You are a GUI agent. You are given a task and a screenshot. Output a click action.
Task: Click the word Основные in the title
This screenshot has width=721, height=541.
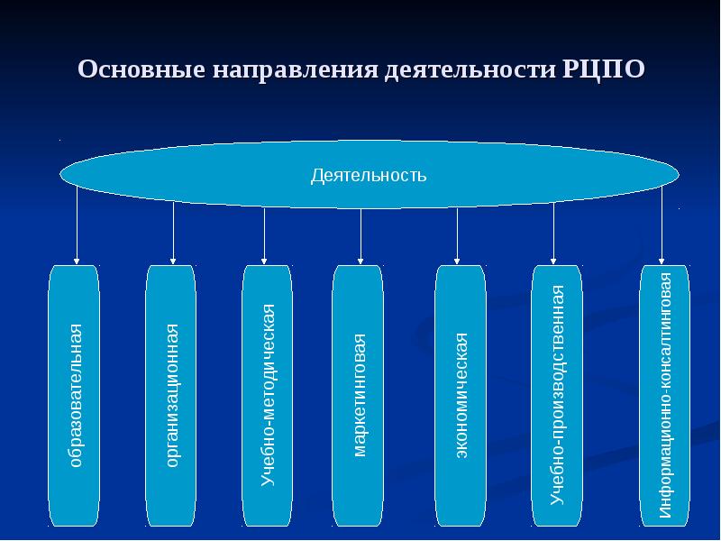141,69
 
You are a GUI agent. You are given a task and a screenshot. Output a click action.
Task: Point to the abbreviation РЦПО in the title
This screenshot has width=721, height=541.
603,69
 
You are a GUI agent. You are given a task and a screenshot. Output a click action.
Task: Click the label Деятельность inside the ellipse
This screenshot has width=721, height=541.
369,175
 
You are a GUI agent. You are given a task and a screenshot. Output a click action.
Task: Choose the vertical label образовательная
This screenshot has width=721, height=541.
76,396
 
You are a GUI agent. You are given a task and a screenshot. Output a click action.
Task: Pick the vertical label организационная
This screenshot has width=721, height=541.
171,396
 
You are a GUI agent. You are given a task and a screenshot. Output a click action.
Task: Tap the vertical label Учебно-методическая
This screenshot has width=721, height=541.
268,395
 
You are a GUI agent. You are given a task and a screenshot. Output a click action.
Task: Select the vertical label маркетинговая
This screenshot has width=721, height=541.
359,395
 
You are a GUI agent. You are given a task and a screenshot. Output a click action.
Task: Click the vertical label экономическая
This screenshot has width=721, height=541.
461,395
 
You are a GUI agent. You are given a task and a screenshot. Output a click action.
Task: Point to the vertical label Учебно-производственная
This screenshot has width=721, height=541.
557,395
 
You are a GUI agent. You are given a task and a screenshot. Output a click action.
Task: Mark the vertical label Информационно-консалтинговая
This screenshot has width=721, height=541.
665,396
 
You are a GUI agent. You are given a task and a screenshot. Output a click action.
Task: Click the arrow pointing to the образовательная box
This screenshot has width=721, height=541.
77,225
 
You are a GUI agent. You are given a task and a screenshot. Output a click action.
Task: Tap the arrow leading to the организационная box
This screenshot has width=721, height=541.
173,234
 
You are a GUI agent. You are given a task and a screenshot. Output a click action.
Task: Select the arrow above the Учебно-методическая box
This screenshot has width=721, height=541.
264,236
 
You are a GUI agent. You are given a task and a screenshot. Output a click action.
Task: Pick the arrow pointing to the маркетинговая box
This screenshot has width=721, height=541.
360,237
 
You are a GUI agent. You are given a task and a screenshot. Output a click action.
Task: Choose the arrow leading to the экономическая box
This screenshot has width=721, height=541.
457,236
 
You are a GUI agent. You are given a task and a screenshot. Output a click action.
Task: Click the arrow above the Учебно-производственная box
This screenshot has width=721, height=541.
553,234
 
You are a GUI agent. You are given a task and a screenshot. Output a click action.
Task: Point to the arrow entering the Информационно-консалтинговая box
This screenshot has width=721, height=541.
662,225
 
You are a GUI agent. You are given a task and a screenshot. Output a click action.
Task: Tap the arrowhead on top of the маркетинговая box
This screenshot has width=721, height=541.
360,262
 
